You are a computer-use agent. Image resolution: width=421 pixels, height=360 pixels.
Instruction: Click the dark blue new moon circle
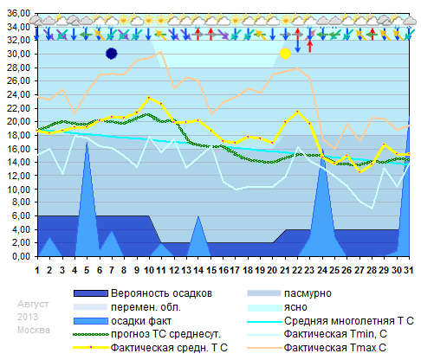pos(111,54)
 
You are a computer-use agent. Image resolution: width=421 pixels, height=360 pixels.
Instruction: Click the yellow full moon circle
pos(285,54)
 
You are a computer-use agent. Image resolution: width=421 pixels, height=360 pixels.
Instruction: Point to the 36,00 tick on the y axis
pos(17,13)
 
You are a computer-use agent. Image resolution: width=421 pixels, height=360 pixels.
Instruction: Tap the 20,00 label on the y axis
pos(17,121)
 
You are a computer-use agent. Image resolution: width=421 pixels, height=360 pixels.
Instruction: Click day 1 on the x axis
pos(37,269)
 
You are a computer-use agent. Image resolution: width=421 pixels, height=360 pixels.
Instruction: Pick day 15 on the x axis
pos(210,269)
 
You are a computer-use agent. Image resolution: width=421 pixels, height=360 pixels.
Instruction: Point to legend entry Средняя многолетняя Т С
pos(347,321)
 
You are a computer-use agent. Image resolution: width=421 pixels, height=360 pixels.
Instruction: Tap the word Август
pos(34,305)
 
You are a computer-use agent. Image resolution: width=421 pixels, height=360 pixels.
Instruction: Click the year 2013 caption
pos(29,318)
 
